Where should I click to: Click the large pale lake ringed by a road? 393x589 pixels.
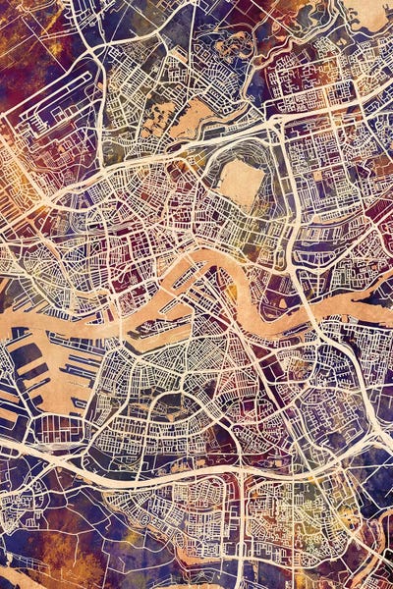pos(241,183)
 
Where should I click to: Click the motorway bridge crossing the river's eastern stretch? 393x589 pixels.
pos(312,324)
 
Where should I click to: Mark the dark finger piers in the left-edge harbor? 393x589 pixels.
pos(25,378)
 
